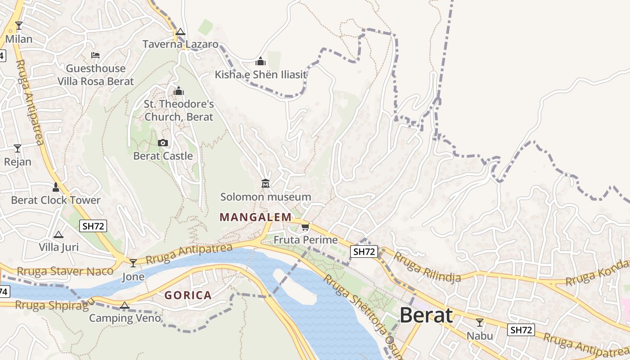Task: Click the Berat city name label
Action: click(426, 315)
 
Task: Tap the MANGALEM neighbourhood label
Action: click(256, 217)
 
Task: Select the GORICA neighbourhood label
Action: click(188, 295)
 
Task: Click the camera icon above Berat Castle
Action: click(163, 143)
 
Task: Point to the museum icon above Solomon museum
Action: click(265, 184)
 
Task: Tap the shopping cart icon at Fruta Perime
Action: click(306, 226)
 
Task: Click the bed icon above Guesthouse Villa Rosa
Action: click(95, 55)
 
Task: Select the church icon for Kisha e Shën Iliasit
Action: click(261, 61)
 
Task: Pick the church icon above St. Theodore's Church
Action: click(179, 91)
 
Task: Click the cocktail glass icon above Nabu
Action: click(480, 322)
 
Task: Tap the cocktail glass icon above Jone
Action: click(133, 263)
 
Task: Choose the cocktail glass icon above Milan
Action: click(19, 25)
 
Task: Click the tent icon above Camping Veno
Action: click(125, 306)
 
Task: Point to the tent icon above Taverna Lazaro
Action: click(180, 31)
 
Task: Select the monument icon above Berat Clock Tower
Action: click(56, 187)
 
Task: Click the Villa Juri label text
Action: click(58, 247)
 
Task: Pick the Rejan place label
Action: click(18, 162)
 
